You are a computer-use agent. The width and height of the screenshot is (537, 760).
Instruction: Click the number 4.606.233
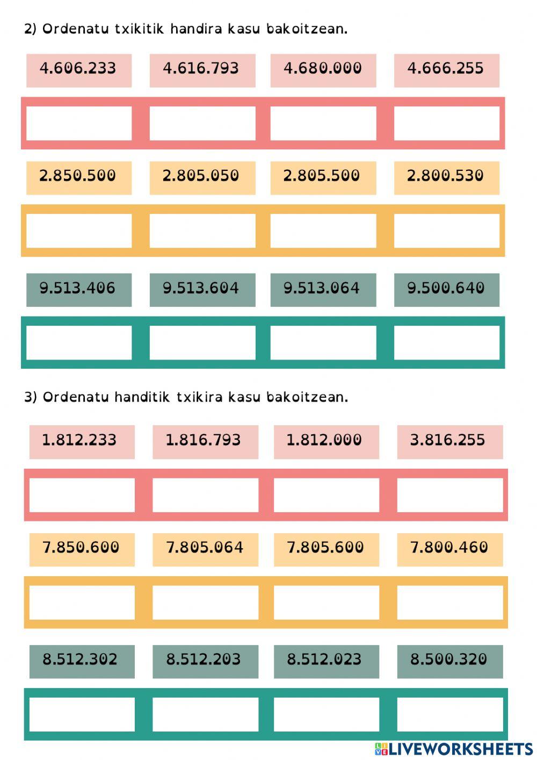pos(78,69)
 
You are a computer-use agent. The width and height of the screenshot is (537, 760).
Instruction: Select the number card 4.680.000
pos(323,69)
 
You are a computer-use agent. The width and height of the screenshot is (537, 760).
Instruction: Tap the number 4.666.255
pos(446,69)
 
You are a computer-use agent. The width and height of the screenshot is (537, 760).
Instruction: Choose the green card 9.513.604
pos(201,289)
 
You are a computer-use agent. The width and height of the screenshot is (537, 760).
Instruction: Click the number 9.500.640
pos(446,289)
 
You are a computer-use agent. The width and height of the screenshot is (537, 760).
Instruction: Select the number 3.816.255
pos(448,441)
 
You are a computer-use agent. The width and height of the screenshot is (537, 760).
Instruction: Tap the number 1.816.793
pos(204,441)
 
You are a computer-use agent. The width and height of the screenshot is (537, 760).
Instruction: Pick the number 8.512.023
pos(325,660)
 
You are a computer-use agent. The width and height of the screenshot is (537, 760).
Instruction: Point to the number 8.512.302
pos(81,660)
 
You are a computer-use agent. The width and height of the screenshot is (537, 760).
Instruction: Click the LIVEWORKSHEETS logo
pos(454,749)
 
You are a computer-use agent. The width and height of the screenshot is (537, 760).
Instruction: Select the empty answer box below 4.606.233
pos(79,123)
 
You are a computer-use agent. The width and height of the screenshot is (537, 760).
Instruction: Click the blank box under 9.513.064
pos(323,342)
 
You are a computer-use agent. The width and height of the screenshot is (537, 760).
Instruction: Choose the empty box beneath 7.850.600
pos(82,603)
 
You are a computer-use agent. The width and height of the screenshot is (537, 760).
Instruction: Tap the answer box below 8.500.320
pos(449,714)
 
